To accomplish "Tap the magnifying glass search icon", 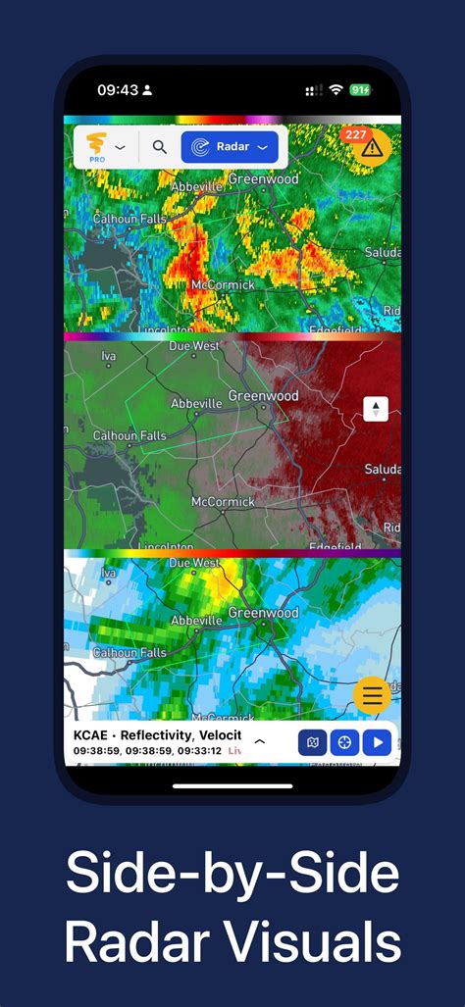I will (x=159, y=148).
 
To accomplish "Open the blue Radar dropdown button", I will (x=230, y=148).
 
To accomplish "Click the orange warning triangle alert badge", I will (x=371, y=147).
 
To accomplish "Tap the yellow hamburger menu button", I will (x=372, y=696).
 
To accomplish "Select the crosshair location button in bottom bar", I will (x=344, y=742).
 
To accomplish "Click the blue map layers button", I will (x=313, y=742).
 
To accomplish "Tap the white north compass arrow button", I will (x=376, y=409).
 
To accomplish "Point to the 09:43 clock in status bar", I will (x=118, y=90).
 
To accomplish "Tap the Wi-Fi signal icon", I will (x=336, y=90).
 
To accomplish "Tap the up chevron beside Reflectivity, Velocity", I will (x=259, y=741).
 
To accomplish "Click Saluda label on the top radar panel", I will (x=383, y=253).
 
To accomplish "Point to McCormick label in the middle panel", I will (x=223, y=502).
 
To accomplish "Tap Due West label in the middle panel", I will (x=194, y=346).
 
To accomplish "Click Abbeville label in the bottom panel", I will (x=196, y=621).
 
